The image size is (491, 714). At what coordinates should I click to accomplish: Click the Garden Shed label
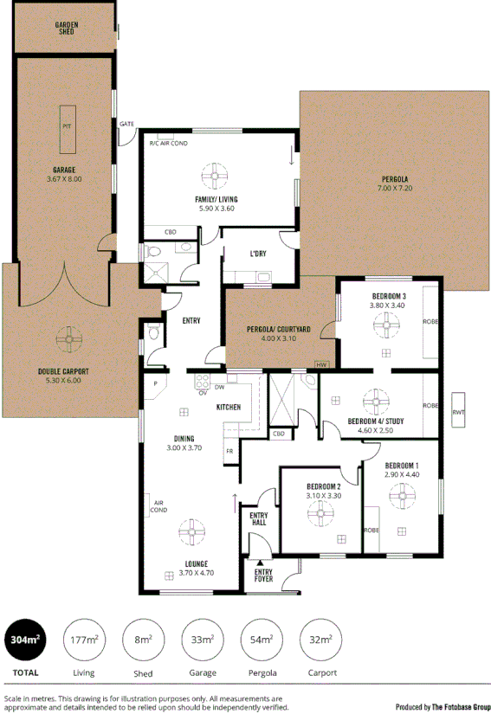coord(66,28)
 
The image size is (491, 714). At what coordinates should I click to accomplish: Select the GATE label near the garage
coord(127,124)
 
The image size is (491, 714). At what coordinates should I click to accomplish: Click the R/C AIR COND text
coord(169,143)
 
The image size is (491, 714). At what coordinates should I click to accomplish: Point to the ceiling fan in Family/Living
coord(215,176)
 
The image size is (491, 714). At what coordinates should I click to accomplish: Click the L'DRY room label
coord(257,253)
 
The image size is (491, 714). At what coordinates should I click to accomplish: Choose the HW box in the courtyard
coord(322,365)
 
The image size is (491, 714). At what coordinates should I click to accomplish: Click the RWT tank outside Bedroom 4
coord(458,412)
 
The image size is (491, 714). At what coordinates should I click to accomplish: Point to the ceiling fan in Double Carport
coord(66,336)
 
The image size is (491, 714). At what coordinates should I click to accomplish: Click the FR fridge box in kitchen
coord(229,451)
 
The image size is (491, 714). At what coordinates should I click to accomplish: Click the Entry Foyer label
coord(263,576)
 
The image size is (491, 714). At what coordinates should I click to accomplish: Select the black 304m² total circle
coord(25,640)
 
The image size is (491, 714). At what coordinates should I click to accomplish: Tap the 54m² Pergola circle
coord(261,640)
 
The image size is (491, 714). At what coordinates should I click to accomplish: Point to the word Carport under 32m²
coord(320,672)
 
